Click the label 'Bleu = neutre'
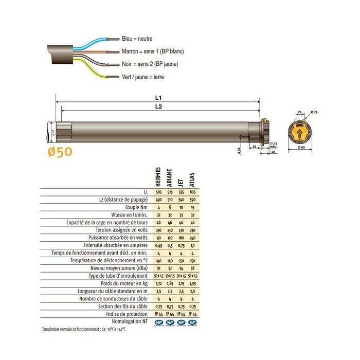(x=137, y=39)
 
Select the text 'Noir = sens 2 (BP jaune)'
(x=151, y=64)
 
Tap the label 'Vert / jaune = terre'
(x=143, y=77)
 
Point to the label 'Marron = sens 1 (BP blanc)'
(x=153, y=51)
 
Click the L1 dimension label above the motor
(x=158, y=97)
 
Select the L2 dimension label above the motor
(x=158, y=106)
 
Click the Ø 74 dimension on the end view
(x=315, y=112)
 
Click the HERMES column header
(x=158, y=177)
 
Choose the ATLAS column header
(x=192, y=179)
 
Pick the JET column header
(x=181, y=181)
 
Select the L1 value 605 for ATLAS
(x=192, y=192)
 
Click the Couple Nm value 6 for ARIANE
(x=170, y=207)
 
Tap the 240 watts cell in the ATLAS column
(x=192, y=237)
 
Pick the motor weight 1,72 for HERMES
(x=158, y=283)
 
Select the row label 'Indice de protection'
(x=128, y=313)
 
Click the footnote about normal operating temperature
(x=85, y=329)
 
